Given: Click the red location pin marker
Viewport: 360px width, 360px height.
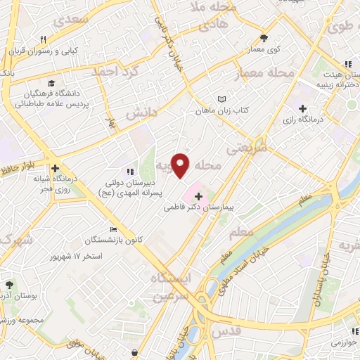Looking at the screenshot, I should (181, 164).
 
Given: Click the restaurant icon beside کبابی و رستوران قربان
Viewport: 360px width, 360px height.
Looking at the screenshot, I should (43, 39).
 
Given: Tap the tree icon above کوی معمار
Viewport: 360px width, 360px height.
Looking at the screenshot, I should (264, 39).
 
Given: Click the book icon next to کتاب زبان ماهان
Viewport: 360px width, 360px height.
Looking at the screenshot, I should (222, 99).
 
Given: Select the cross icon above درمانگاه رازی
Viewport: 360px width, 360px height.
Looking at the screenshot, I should (302, 108).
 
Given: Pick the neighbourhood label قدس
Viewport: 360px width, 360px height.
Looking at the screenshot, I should (226, 330).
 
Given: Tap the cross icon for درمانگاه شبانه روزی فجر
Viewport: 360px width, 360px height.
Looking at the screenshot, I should (53, 169).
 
